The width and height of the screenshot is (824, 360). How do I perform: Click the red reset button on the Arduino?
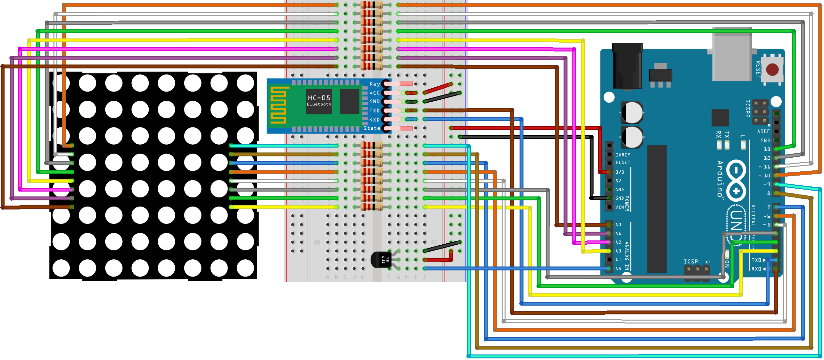tap(772, 69)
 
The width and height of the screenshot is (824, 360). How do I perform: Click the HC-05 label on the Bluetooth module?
tap(319, 98)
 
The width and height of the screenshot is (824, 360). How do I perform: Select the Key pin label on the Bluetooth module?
tap(375, 84)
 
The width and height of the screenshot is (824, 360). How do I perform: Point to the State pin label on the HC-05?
tap(372, 128)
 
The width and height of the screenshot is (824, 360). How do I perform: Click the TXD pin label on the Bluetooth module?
tap(374, 111)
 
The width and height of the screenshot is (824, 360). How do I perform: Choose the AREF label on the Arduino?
tap(763, 131)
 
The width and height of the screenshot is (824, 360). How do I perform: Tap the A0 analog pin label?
tap(618, 225)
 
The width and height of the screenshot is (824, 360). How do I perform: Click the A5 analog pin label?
tap(618, 269)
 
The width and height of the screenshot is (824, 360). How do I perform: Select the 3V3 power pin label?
tap(619, 172)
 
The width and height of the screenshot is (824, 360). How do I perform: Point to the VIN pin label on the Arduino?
tap(619, 207)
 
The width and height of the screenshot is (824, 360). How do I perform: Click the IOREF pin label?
tap(623, 155)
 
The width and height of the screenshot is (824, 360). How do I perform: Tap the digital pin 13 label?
tap(767, 149)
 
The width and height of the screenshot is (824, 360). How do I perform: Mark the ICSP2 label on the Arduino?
tap(748, 108)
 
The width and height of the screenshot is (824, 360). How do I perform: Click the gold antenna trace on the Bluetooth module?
tap(278, 105)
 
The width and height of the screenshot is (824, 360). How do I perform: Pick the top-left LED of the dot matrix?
tap(61, 83)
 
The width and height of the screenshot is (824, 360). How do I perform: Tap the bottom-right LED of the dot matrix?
tap(245, 268)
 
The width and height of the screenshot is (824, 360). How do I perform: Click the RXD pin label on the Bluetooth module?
tap(374, 120)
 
